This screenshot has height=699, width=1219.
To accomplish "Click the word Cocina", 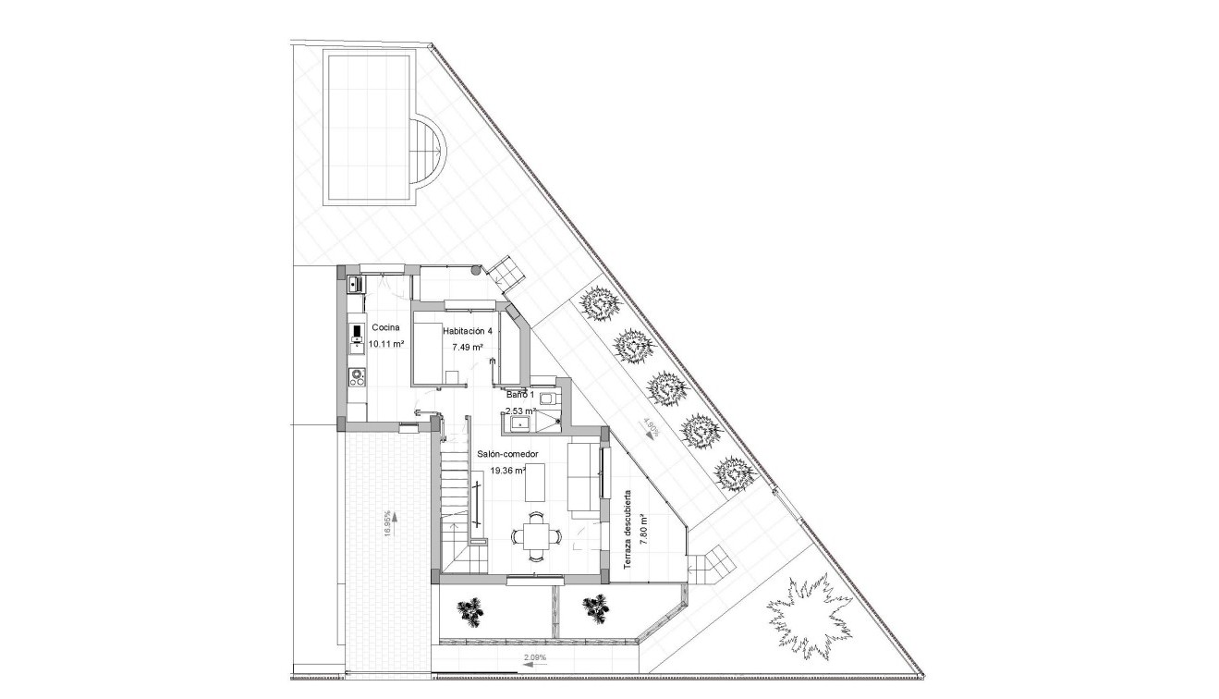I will pos(385,328).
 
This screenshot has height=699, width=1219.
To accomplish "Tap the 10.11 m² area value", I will pos(386,344).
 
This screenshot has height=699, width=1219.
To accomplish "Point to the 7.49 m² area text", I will pos(469,348).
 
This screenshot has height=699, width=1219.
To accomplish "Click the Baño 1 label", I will pos(519,395).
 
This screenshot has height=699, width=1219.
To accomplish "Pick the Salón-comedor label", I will pos(507,454).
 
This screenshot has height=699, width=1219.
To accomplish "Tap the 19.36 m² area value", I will pos(507,471).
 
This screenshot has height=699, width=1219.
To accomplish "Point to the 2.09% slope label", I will pos(534,658).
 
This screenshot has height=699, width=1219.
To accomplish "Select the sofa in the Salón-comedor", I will pos(582,478).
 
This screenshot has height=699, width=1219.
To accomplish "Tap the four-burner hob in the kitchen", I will pos(357,376).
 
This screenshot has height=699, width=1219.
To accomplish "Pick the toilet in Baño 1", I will pos(547,399).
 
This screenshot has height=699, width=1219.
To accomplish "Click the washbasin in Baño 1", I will pos(519,424).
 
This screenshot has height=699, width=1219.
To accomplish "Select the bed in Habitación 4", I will pos(426,349).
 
